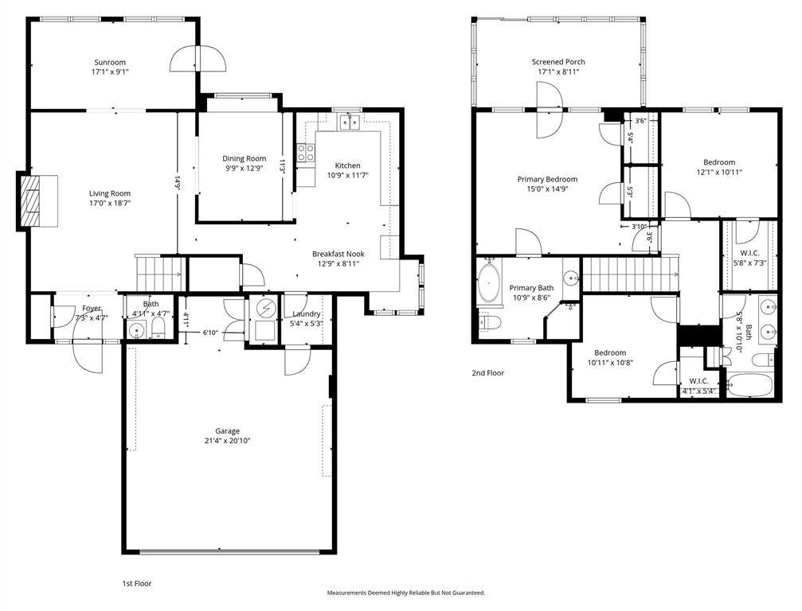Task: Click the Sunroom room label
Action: click(x=110, y=62)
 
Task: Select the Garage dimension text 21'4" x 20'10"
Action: click(x=227, y=441)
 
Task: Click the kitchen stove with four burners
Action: click(x=306, y=152)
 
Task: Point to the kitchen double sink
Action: click(x=350, y=122)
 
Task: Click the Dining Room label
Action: click(x=244, y=158)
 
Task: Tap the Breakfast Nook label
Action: click(x=338, y=254)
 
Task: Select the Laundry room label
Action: click(x=307, y=313)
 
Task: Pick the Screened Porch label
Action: click(x=558, y=62)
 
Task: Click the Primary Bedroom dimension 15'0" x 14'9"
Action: click(x=547, y=189)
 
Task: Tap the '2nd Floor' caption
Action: click(x=488, y=373)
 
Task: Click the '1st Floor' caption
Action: click(x=137, y=583)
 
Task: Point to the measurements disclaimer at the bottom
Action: click(x=406, y=593)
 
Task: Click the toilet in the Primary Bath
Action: click(x=490, y=321)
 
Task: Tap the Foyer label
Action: click(x=92, y=308)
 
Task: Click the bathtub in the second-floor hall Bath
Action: click(x=749, y=385)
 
